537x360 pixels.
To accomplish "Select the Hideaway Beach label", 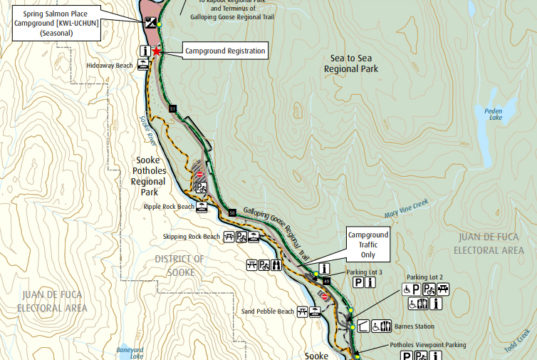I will coord(110,65).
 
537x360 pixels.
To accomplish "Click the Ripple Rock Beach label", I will coord(165,207).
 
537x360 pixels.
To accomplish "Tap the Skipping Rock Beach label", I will coord(191,237).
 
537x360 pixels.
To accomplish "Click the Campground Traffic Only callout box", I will coord(366,241).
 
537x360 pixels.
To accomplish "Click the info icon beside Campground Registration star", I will coord(145,50).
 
